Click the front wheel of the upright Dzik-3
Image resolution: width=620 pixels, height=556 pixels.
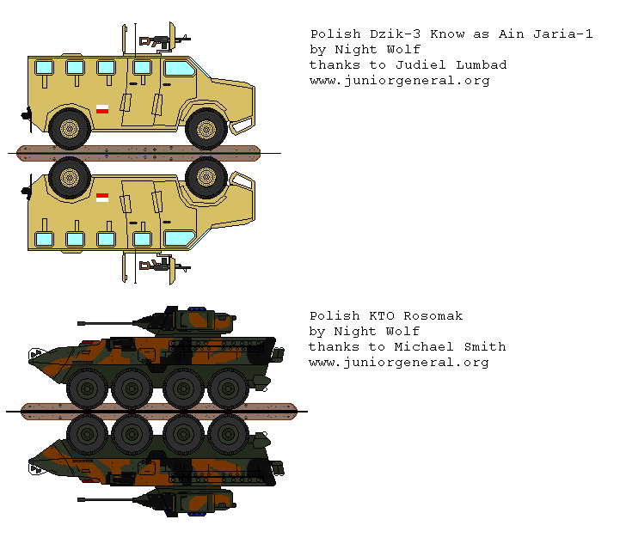click(x=206, y=129)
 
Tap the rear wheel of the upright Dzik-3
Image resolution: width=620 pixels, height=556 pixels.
click(x=70, y=129)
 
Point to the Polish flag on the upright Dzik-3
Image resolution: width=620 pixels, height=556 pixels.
click(x=101, y=109)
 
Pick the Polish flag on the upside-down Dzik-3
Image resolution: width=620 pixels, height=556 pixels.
click(x=101, y=198)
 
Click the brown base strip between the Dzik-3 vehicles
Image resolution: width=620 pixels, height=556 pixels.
click(x=138, y=153)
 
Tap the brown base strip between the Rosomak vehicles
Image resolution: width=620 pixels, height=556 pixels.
click(x=158, y=411)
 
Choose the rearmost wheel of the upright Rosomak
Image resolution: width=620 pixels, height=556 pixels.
click(x=229, y=388)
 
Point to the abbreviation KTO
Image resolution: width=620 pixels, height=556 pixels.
click(x=379, y=315)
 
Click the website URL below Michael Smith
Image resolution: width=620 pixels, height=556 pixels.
click(x=399, y=362)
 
